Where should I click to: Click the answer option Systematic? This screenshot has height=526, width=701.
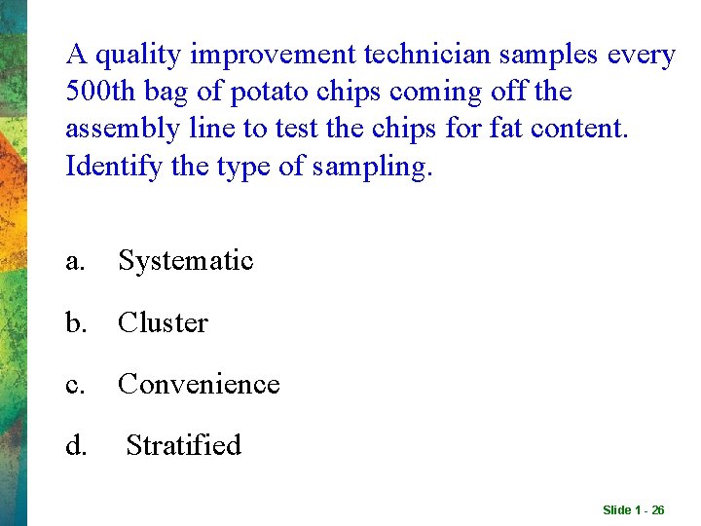185,261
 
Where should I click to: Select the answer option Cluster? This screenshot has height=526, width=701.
163,323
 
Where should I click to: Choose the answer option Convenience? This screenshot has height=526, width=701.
199,385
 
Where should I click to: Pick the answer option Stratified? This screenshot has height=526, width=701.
183,446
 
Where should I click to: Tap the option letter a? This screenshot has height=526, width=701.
75,261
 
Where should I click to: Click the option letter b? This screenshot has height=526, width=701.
76,323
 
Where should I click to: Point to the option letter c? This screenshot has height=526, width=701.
75,385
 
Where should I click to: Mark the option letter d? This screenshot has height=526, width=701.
76,446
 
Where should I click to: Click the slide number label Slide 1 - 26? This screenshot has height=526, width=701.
633,510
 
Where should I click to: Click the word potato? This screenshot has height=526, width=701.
255,93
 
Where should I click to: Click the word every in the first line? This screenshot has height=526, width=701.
640,56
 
